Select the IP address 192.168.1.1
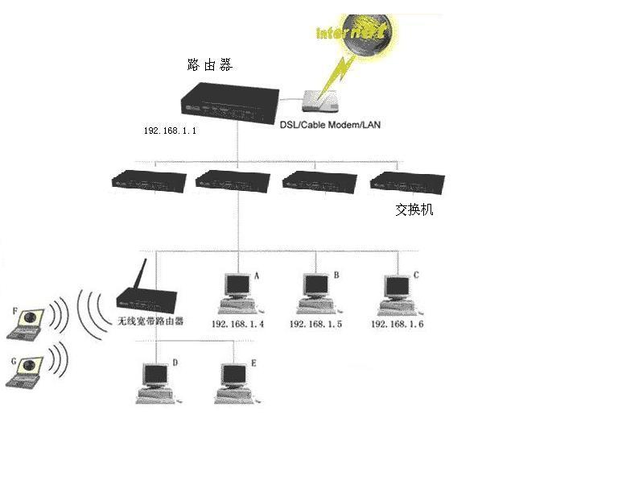[170, 130]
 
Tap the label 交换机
[414, 209]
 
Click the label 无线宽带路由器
[151, 321]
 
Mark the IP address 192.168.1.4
[238, 324]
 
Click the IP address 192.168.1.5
[315, 324]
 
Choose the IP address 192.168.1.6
[397, 324]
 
